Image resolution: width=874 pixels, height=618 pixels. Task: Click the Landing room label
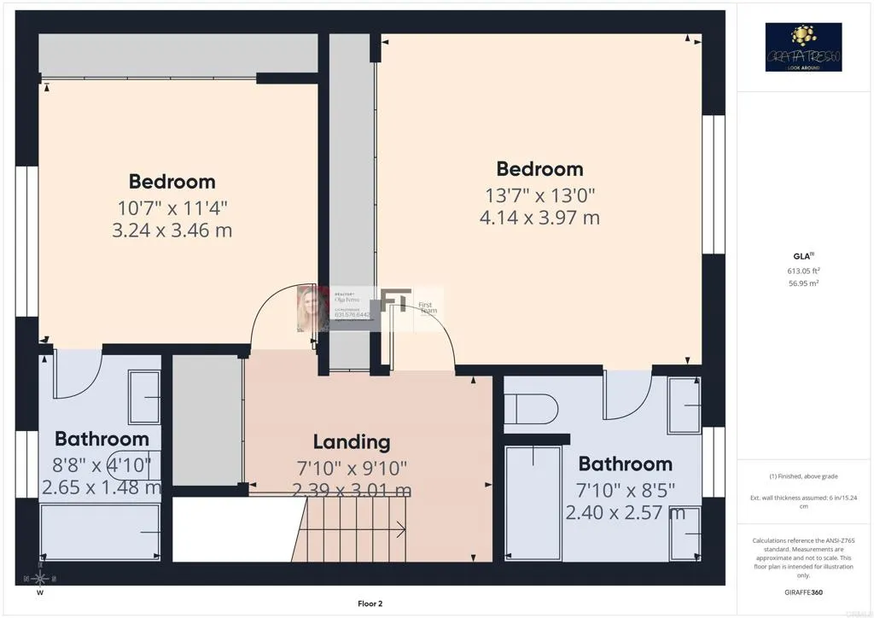(x=352, y=442)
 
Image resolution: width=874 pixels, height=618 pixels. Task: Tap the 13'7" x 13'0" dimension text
(x=539, y=195)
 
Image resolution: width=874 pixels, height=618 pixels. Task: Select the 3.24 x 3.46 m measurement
(x=172, y=230)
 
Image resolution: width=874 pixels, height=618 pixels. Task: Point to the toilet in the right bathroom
(x=531, y=408)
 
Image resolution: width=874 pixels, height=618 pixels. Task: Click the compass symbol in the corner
(x=39, y=577)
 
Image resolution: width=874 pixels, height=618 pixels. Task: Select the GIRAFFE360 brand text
(x=803, y=592)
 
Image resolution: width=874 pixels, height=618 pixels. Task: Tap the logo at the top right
(x=803, y=47)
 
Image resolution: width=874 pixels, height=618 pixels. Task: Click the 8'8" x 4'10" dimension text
(x=102, y=465)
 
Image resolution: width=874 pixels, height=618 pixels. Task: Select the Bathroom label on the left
(x=102, y=439)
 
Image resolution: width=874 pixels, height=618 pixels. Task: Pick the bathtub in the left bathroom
(x=101, y=532)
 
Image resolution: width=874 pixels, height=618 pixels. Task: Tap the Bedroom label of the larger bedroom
(x=539, y=169)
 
